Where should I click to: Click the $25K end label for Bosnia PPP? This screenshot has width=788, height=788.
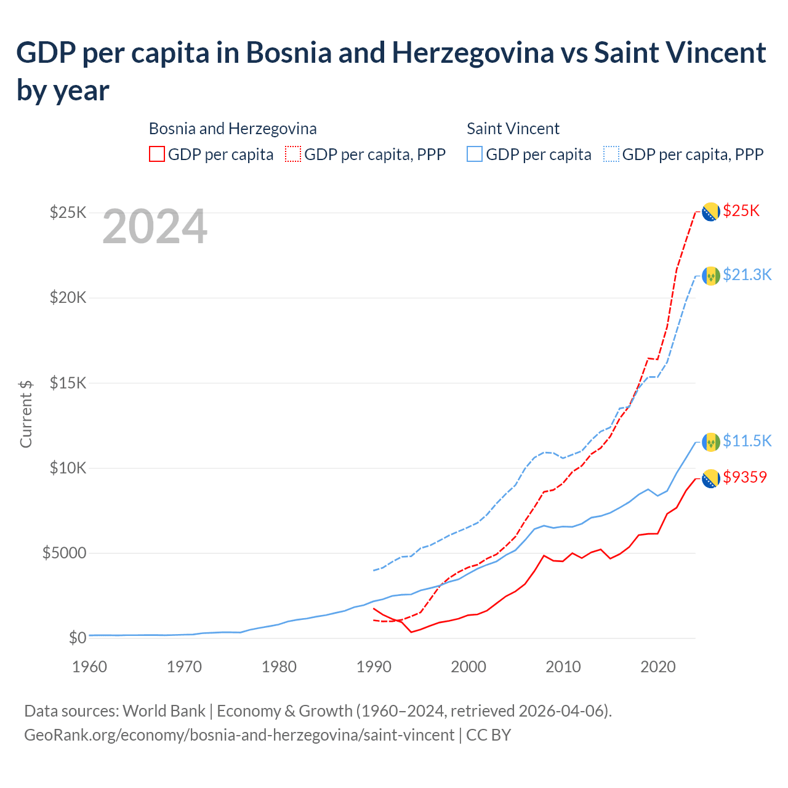(741, 211)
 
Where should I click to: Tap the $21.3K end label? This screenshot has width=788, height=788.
(747, 275)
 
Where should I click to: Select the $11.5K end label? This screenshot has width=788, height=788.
(747, 441)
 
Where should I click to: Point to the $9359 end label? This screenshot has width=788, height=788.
(745, 477)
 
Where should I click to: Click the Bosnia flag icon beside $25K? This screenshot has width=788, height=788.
(711, 212)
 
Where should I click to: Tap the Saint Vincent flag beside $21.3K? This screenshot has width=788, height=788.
(711, 276)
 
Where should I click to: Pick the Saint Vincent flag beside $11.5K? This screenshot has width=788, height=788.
(711, 441)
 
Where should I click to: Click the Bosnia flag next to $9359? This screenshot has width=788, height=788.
(711, 478)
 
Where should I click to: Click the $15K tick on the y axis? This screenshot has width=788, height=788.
(68, 383)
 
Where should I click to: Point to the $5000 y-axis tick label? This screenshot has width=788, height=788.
(64, 553)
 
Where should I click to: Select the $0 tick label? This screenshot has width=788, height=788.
(77, 638)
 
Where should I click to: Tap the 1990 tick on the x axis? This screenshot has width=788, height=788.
(374, 667)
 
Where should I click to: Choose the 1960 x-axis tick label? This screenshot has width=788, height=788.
(89, 667)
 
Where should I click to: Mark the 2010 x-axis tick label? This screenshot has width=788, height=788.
(563, 667)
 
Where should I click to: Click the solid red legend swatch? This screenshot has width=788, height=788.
(157, 154)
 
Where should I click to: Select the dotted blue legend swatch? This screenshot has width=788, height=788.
(611, 154)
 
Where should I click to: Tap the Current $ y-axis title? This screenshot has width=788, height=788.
(26, 414)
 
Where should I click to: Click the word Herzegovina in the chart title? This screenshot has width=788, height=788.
(473, 53)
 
